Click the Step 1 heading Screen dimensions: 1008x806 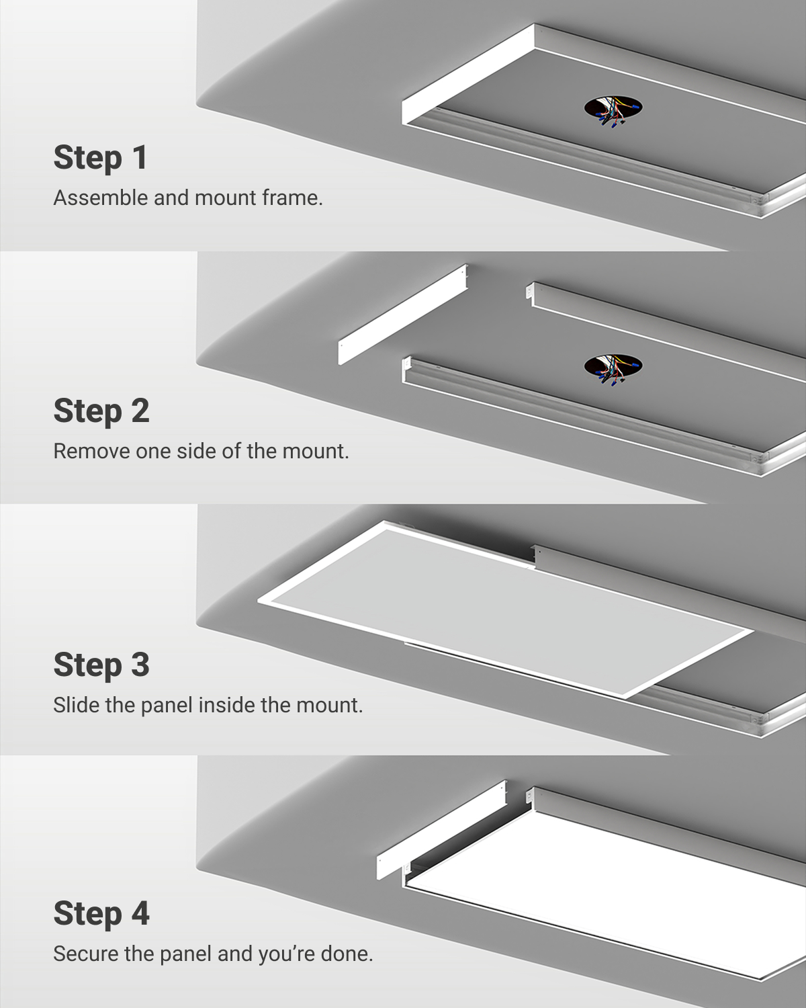click(x=101, y=157)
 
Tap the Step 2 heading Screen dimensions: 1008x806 click(x=101, y=411)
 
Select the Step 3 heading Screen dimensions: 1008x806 click(x=101, y=664)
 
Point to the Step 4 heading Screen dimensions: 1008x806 click(x=101, y=913)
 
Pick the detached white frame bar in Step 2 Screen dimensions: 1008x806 click(x=402, y=314)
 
